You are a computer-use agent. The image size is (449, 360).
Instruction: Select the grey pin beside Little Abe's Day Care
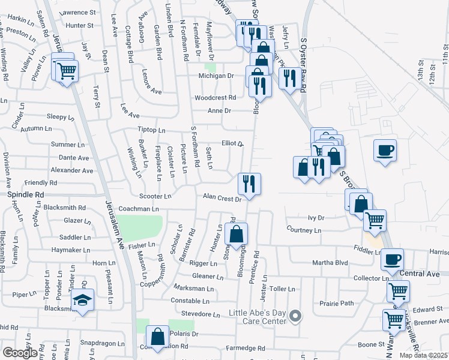pyautogui.click(x=295, y=315)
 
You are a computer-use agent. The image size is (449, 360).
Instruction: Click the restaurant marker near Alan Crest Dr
pyautogui.click(x=249, y=182)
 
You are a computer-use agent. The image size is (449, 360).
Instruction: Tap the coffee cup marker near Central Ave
pyautogui.click(x=392, y=259)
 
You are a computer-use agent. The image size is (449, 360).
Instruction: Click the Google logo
pyautogui.click(x=20, y=353)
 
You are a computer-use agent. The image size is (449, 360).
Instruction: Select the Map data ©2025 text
pyautogui.click(x=424, y=355)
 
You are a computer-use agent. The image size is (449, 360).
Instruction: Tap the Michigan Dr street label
pyautogui.click(x=216, y=76)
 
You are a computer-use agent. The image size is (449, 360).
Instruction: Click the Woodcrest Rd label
pyautogui.click(x=214, y=98)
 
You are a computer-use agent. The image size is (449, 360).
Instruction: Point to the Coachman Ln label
pyautogui.click(x=139, y=209)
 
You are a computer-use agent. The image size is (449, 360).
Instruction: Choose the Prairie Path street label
pyautogui.click(x=337, y=303)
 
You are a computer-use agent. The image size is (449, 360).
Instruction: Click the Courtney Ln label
pyautogui.click(x=304, y=229)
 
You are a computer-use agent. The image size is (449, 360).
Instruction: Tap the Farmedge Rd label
pyautogui.click(x=245, y=348)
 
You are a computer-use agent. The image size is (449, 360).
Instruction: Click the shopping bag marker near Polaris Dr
pyautogui.click(x=158, y=337)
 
